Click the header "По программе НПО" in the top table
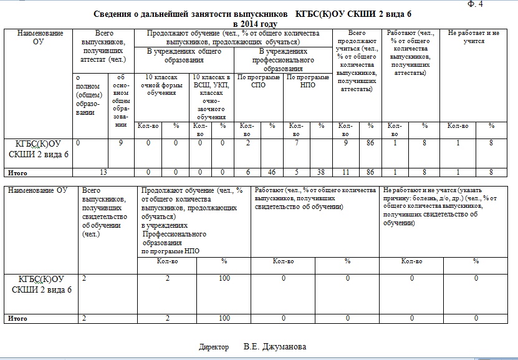(307, 81)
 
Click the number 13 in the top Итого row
(104, 172)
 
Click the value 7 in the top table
(297, 144)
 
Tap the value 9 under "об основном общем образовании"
(120, 144)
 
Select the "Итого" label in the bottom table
(17, 319)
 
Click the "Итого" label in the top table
(17, 172)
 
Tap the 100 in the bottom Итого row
(224, 319)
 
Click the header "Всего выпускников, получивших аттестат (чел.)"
(104, 45)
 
